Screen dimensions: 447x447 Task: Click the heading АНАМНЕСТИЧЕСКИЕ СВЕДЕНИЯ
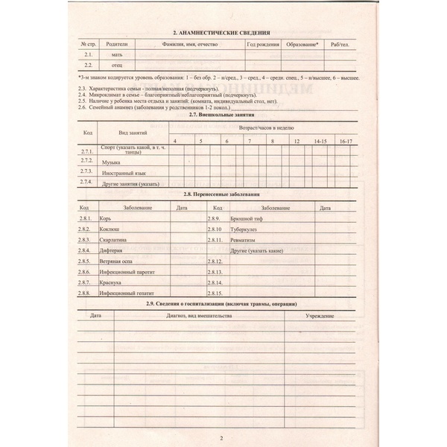[x=221, y=33]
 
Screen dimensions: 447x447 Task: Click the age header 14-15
[x=320, y=140]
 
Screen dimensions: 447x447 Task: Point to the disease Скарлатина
[x=115, y=241]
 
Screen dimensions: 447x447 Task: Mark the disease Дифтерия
[x=112, y=252]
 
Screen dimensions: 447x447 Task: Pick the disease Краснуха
[x=112, y=284]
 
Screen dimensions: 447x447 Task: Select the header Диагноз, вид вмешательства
[x=199, y=317]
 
